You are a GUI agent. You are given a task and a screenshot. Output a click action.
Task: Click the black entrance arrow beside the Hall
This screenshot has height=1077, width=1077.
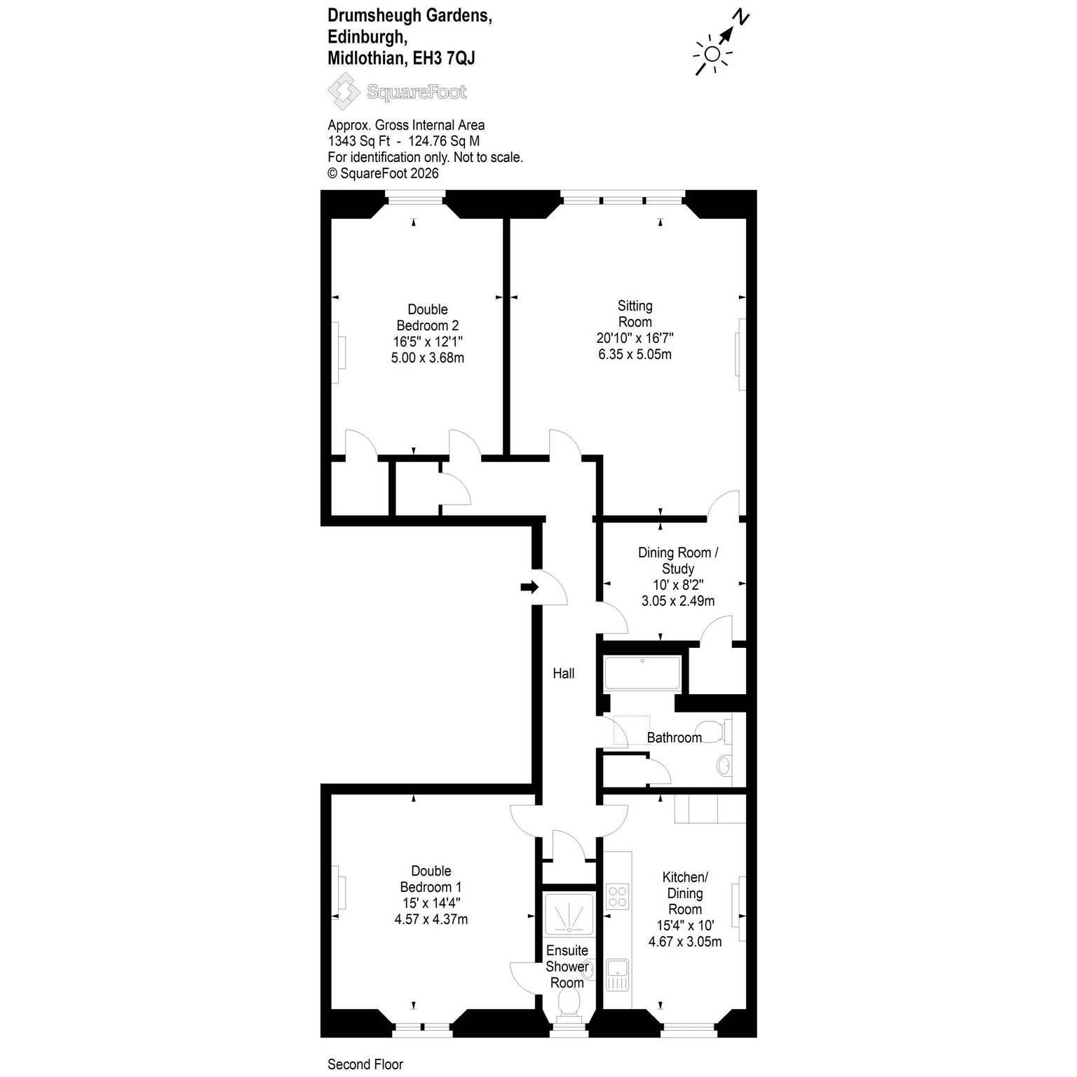[530, 587]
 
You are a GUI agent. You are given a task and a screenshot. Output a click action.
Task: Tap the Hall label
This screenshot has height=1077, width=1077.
[564, 673]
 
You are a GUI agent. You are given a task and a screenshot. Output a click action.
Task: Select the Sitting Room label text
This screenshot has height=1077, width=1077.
[635, 314]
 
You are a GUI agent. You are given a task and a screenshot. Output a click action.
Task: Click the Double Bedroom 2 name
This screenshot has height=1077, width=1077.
[428, 318]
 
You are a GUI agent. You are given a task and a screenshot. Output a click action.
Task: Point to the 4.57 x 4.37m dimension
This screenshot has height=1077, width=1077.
[431, 919]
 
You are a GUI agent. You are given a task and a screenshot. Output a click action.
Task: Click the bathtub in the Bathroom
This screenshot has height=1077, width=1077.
[642, 674]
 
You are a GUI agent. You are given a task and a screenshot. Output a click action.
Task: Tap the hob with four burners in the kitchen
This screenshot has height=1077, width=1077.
[618, 896]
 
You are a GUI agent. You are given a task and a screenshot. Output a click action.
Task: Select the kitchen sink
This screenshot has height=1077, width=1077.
[618, 975]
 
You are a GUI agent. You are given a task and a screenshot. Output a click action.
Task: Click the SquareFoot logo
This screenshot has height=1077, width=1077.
[397, 92]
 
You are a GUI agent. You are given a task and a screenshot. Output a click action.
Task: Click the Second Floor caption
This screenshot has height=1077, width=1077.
[365, 1064]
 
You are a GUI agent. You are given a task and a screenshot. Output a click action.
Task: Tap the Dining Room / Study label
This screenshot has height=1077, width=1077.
[677, 560]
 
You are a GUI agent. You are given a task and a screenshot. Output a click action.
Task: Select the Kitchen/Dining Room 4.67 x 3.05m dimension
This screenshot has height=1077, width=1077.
[684, 942]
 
